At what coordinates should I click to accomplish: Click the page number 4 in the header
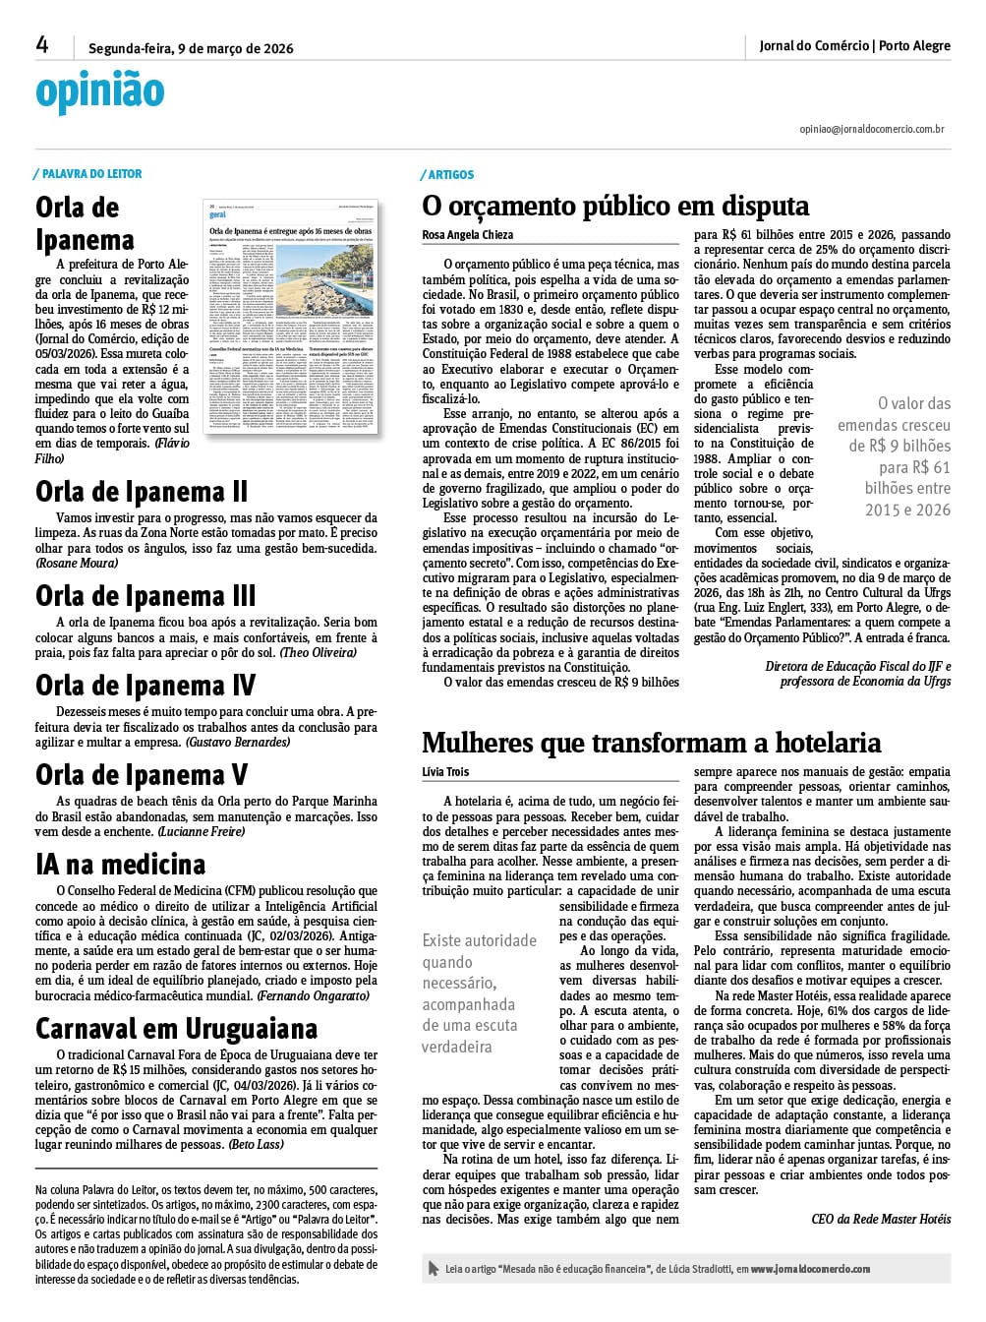(42, 44)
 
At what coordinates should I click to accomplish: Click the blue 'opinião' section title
(99, 91)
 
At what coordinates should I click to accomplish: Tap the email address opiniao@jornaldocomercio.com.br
(872, 129)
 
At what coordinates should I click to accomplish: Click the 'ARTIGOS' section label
(451, 175)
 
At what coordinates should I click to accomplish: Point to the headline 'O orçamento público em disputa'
(615, 206)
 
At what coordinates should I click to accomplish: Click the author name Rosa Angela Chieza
(468, 235)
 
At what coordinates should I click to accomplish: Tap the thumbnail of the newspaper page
(290, 318)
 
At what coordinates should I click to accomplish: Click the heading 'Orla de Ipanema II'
(142, 491)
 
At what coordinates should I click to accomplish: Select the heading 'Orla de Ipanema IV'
(145, 685)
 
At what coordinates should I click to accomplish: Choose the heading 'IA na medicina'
(120, 865)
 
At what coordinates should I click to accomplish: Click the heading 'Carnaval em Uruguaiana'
(176, 1029)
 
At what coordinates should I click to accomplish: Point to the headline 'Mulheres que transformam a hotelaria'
(651, 743)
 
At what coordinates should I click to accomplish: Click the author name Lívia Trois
(445, 773)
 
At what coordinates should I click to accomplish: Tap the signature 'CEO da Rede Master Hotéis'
(881, 1219)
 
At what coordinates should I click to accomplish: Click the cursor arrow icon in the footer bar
(434, 1269)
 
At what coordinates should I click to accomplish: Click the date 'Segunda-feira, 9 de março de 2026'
(191, 48)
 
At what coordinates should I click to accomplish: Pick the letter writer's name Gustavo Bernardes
(238, 742)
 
